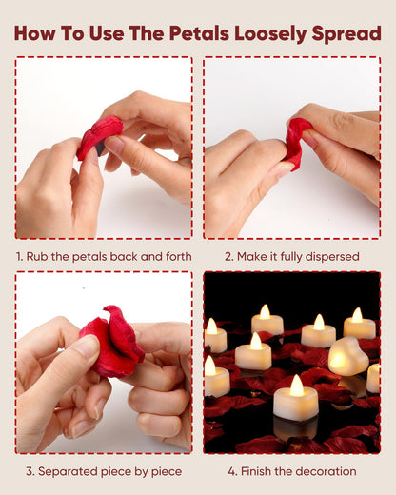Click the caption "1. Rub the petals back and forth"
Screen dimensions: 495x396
104,256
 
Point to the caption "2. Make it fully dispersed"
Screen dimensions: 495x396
291,256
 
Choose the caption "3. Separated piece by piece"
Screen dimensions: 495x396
104,471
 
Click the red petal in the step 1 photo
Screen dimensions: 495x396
99,135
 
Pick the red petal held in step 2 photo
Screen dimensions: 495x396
296,142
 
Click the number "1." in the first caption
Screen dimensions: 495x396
21,256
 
